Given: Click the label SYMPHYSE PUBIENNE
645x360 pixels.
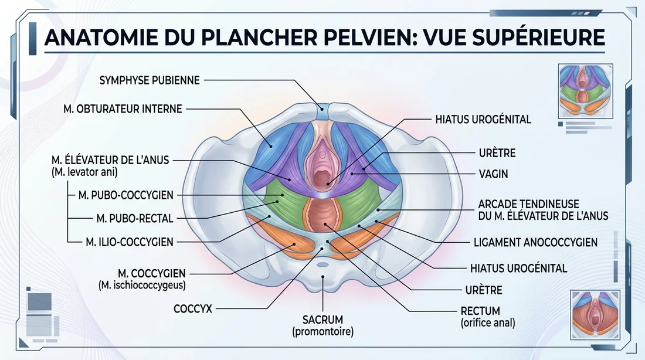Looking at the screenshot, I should (150, 80).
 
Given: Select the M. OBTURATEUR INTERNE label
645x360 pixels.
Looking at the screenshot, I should (123, 108).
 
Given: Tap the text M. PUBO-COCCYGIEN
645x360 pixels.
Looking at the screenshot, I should (130, 195).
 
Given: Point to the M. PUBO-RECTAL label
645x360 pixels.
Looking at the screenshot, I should (134, 218).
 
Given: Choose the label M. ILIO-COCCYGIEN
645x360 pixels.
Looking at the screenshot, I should (130, 241).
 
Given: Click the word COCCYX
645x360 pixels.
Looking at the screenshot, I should (193, 308).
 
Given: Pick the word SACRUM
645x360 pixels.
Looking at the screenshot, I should (322, 320).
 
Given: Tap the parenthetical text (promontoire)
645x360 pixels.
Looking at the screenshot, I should (322, 332).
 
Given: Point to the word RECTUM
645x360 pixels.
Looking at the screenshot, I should (480, 311).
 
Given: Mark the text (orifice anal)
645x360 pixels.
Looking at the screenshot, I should (488, 322).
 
